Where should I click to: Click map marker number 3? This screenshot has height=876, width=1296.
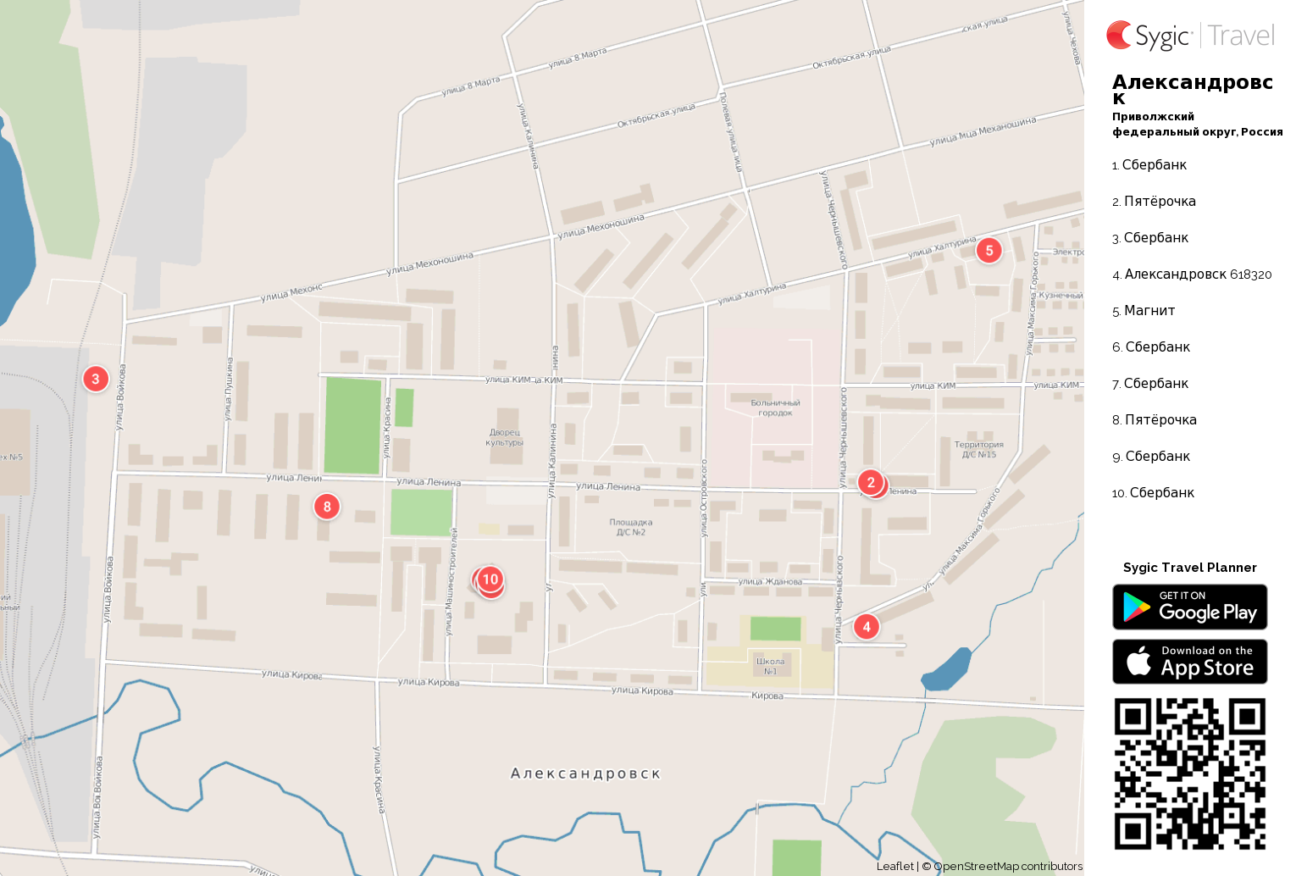coord(96,379)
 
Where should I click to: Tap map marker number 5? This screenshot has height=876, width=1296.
coord(989,251)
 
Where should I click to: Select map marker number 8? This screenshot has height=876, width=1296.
coord(327,507)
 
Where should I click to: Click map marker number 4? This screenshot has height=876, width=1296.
coord(866,627)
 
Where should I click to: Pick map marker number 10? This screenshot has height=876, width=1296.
coord(490,579)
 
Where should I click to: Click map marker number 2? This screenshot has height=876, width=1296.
coord(871,483)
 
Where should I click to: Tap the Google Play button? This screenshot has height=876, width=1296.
coord(1189,607)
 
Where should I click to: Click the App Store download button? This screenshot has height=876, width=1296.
coord(1189,662)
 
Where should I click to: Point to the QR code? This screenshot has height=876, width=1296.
coord(1189,773)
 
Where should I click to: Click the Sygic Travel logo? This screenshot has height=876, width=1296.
coord(1189,36)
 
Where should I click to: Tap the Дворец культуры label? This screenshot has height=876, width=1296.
coord(505,437)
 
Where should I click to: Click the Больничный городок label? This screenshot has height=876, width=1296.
coord(775,408)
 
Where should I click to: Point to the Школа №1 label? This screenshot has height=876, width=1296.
coord(770,666)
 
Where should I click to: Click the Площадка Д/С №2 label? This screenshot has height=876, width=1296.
coord(631,527)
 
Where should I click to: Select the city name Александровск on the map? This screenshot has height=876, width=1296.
coord(585,773)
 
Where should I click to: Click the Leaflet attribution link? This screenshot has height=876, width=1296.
coord(894,866)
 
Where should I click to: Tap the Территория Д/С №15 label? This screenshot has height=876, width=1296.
coord(978,449)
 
